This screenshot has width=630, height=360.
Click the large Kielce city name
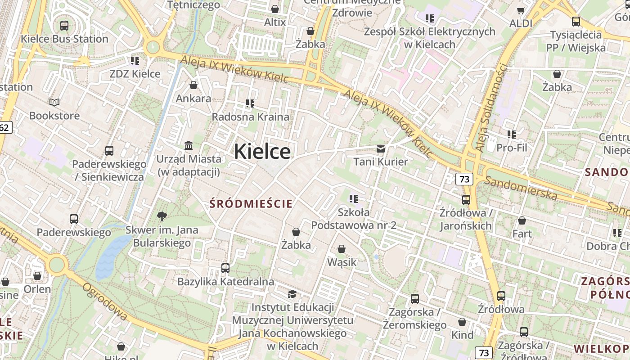point(262,151)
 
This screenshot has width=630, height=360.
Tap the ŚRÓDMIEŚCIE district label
point(251,204)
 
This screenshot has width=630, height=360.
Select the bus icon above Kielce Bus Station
point(64,25)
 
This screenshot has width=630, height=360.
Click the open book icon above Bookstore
point(54,103)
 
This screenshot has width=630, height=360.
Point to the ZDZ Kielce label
point(135,74)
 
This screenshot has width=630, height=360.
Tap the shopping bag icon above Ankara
point(193,85)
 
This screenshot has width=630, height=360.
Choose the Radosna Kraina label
point(251,117)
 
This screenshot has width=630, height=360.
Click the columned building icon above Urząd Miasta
point(189,146)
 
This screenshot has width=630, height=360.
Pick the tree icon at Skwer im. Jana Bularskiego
point(162,216)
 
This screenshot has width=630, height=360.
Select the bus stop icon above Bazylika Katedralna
point(225,268)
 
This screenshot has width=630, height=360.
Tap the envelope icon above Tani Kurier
point(381,148)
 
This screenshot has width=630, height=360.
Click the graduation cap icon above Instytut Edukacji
point(292,294)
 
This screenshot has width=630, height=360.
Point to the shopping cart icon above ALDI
point(521,10)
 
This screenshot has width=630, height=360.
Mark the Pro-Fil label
point(512,148)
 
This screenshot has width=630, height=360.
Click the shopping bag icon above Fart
point(522,220)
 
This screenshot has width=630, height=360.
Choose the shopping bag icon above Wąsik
point(342,249)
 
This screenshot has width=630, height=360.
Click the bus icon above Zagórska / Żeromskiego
point(414,298)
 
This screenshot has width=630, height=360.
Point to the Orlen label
point(37,289)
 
